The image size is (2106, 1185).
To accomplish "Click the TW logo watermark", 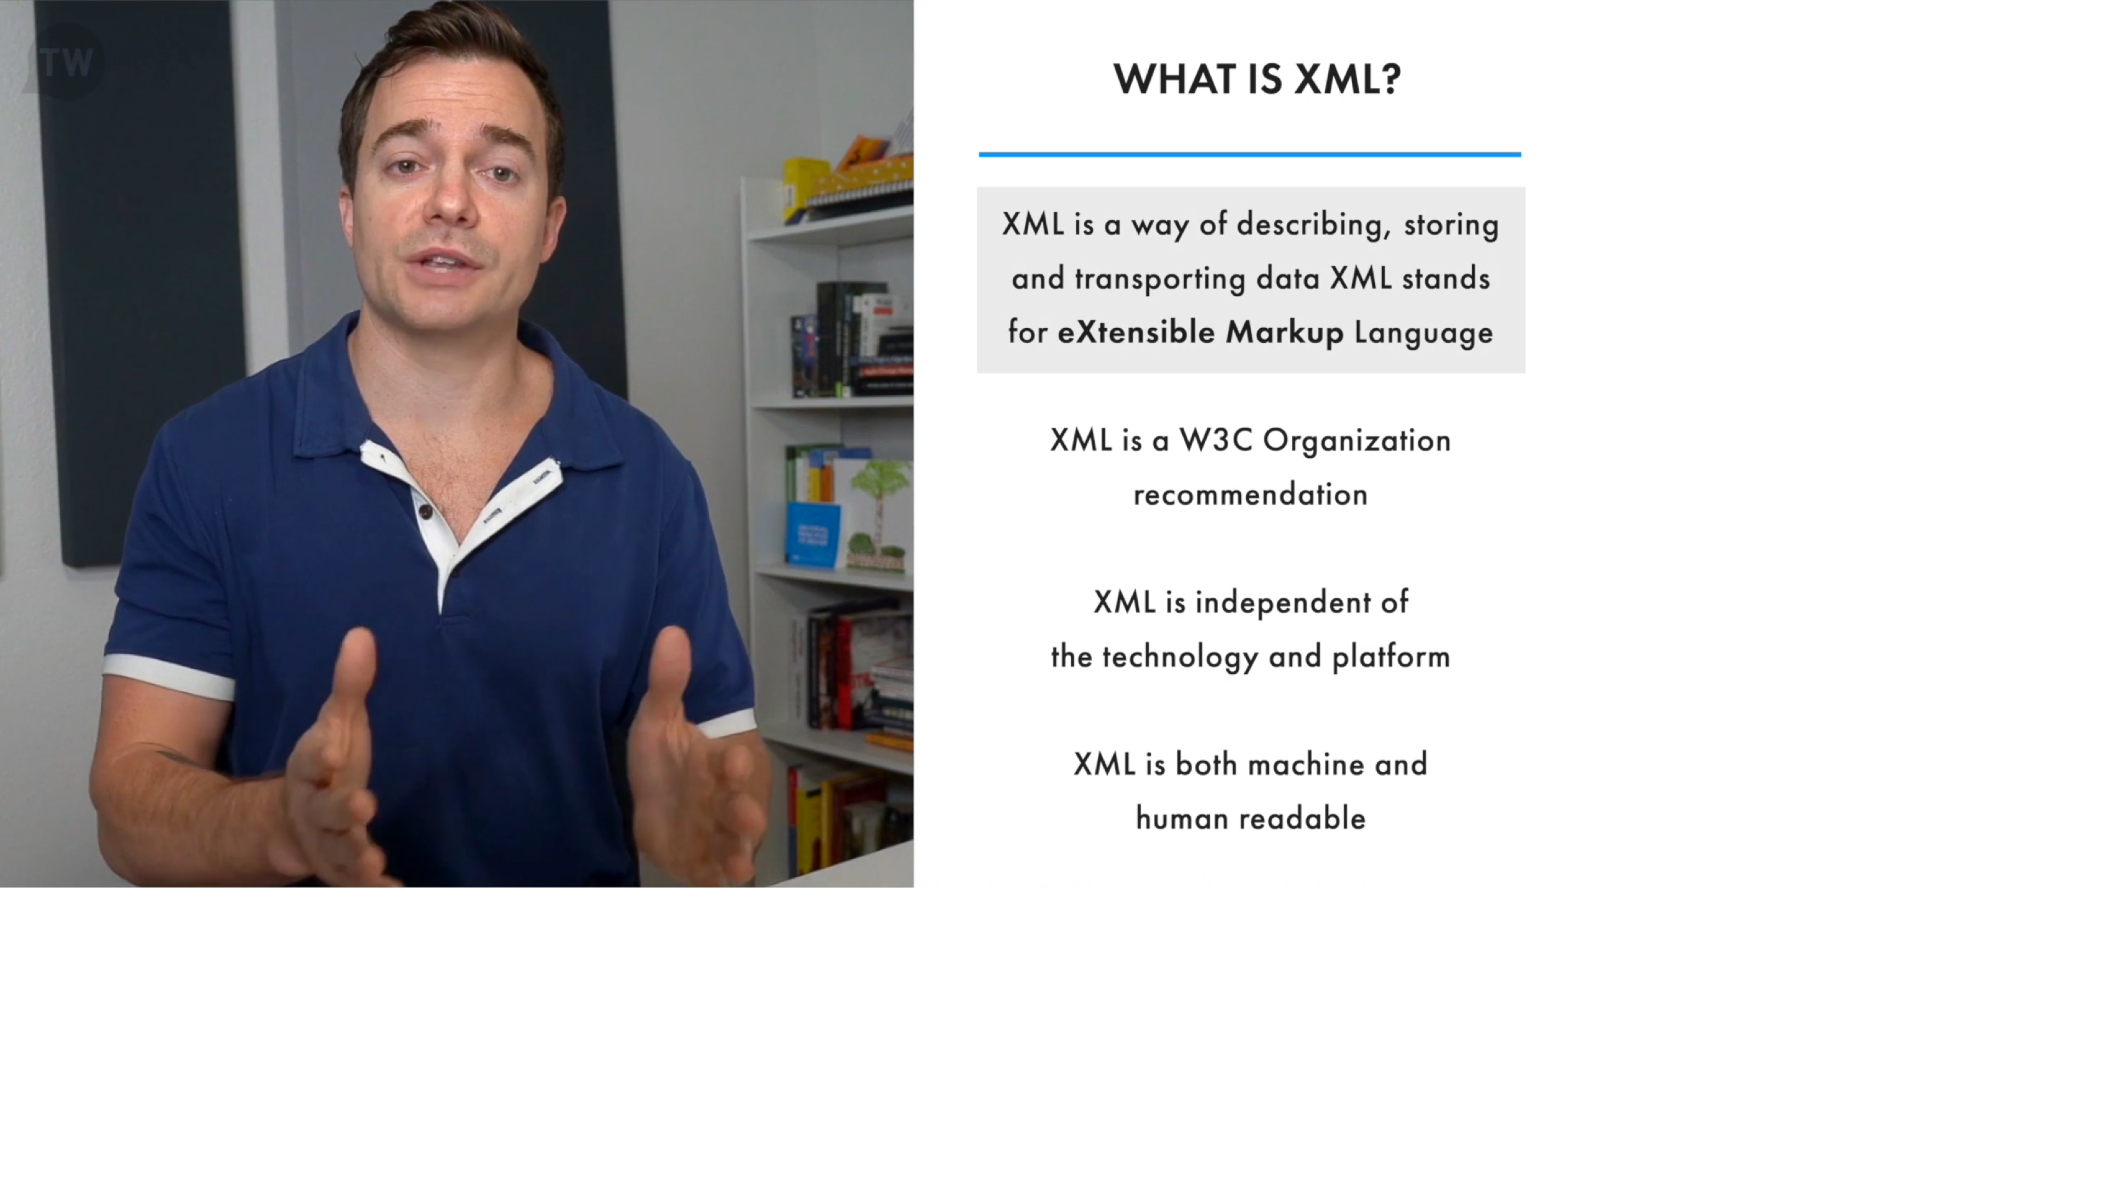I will tap(65, 62).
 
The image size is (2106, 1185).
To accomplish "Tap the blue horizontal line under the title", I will tap(1249, 154).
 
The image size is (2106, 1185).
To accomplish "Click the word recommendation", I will tap(1250, 495).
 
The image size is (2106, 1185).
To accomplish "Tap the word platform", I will tap(1391, 656).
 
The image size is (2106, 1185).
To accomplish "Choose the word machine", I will tap(1306, 765).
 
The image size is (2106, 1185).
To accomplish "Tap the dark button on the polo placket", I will tap(425, 512).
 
